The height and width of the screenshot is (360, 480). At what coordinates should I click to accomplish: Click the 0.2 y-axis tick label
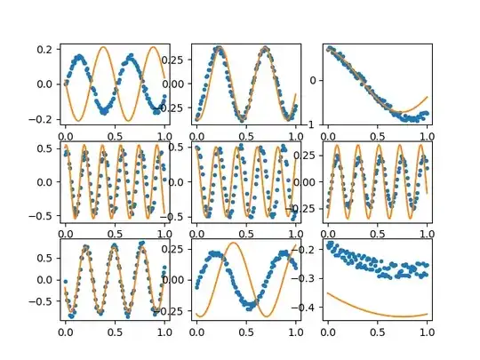click(43, 49)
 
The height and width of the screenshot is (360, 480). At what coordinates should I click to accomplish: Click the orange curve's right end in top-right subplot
click(428, 97)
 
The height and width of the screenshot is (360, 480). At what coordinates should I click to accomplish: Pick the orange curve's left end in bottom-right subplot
click(328, 292)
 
